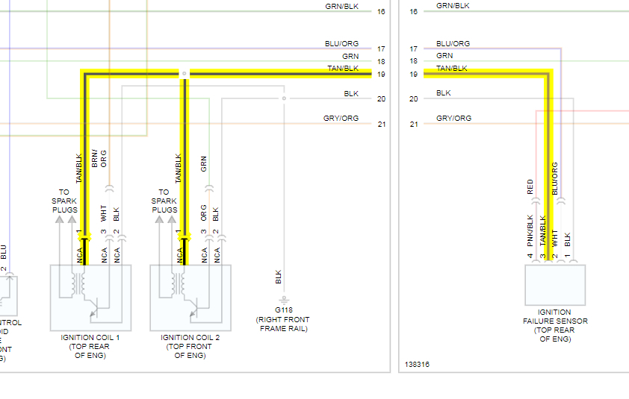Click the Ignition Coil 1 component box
click(90, 297)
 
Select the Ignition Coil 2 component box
click(190, 297)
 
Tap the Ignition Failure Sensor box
click(554, 284)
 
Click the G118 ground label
click(283, 310)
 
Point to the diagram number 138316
click(417, 365)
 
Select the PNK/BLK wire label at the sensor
click(530, 230)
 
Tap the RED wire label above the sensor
click(530, 186)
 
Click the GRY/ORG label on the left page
click(341, 119)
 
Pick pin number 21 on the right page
click(414, 124)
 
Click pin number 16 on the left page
click(381, 12)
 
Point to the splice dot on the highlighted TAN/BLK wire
click(184, 74)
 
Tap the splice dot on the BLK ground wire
click(283, 98)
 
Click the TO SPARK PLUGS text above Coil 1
click(64, 201)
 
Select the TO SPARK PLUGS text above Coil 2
click(164, 201)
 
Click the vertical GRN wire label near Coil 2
click(204, 163)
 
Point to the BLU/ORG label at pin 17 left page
click(341, 44)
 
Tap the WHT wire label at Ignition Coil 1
click(104, 215)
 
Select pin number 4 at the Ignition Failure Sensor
click(530, 256)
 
